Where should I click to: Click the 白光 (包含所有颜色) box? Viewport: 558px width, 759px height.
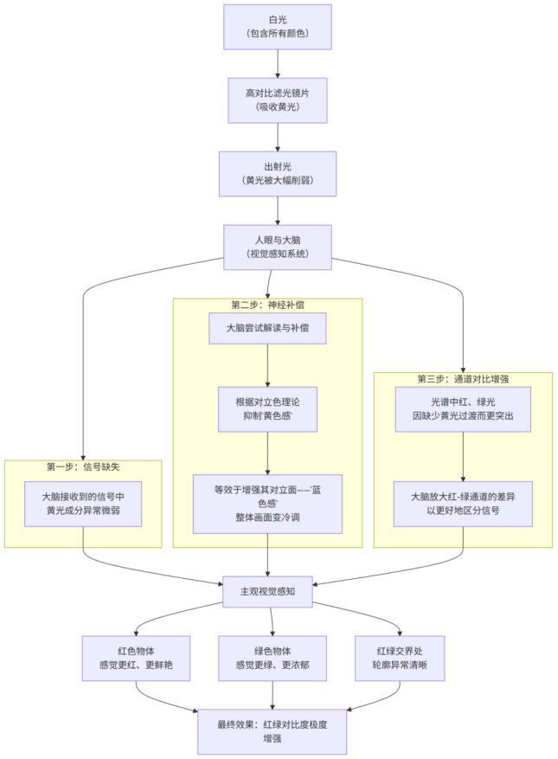tap(277, 27)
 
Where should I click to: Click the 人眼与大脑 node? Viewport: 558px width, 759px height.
tap(277, 247)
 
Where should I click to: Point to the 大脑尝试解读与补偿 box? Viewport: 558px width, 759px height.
tap(267, 329)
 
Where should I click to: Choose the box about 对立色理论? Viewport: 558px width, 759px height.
tap(267, 408)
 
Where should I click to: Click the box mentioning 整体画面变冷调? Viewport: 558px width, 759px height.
tap(267, 504)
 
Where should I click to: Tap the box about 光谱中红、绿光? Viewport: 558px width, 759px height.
tap(463, 408)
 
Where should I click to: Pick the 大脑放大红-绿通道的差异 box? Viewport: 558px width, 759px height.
tap(463, 505)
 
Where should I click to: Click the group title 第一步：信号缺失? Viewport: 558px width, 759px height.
tap(83, 467)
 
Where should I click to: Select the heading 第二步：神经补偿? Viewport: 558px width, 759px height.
tap(267, 306)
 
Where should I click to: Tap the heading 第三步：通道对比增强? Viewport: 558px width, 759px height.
tap(463, 379)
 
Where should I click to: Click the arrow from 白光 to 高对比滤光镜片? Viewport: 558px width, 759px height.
tap(277, 63)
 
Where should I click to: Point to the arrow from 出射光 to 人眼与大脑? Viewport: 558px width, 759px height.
tap(277, 210)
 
